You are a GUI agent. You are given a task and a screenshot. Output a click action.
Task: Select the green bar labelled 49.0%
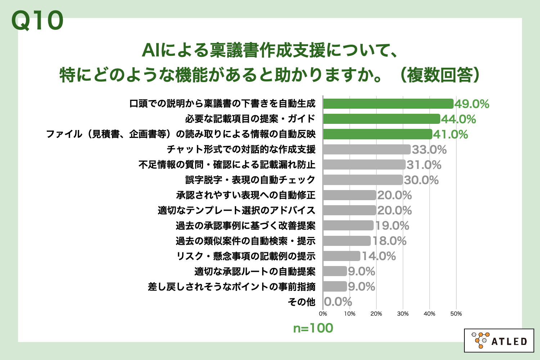tap(388, 104)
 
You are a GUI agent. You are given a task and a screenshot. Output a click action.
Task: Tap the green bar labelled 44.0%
tap(382, 119)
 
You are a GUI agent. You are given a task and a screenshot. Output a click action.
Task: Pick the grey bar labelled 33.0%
tap(367, 149)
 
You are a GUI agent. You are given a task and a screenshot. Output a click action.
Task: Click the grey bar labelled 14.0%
tap(342, 256)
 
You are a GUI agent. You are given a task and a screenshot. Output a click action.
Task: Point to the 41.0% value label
tap(450, 135)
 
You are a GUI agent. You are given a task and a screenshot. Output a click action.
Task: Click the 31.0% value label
tap(424, 165)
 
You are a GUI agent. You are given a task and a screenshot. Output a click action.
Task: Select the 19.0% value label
tap(392, 226)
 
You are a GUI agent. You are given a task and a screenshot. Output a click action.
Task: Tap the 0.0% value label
tap(338, 302)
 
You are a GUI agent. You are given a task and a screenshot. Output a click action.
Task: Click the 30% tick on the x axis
tap(403, 314)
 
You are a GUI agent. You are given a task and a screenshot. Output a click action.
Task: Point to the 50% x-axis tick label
tap(456, 314)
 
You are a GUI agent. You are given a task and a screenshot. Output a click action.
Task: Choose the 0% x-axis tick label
tap(323, 314)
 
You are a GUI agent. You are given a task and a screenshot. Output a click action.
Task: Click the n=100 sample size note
tap(313, 328)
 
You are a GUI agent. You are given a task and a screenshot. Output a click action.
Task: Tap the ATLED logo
tap(499, 340)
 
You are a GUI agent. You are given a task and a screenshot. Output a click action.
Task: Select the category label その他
tap(302, 302)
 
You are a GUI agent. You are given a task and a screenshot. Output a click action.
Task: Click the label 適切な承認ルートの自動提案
tap(255, 271)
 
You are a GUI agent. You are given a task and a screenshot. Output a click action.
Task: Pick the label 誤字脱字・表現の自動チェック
tap(250, 180)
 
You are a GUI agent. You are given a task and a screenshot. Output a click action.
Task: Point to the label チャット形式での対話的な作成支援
tap(241, 149)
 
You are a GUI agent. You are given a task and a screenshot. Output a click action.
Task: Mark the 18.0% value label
tap(390, 241)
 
